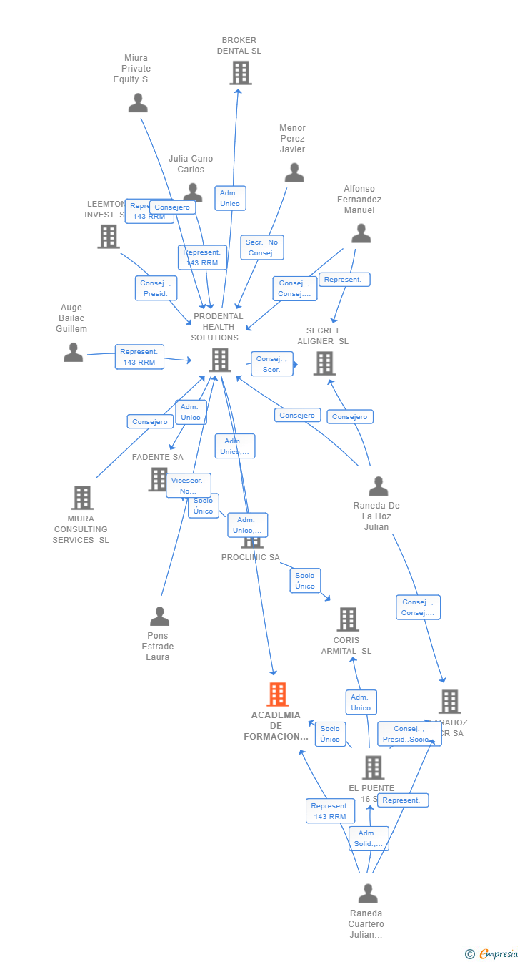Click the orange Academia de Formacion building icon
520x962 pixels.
pyautogui.click(x=277, y=694)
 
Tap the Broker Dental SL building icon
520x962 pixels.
pyautogui.click(x=241, y=72)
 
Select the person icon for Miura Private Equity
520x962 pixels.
pyautogui.click(x=138, y=103)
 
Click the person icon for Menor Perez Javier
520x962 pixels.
pyautogui.click(x=294, y=172)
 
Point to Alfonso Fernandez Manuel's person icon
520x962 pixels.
pyautogui.click(x=361, y=234)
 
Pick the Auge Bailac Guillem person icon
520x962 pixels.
pyautogui.click(x=74, y=352)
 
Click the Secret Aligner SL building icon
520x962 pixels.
pyautogui.click(x=325, y=363)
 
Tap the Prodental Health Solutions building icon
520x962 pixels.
pyautogui.click(x=220, y=360)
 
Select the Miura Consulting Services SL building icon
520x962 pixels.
pyautogui.click(x=82, y=498)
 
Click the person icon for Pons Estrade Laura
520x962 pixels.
pyautogui.click(x=159, y=616)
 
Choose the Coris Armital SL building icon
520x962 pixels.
pyautogui.click(x=348, y=619)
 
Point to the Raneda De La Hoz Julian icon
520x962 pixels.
pyautogui.click(x=378, y=486)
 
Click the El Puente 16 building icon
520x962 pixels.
pyautogui.click(x=373, y=767)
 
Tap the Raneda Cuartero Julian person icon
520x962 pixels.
pyautogui.click(x=368, y=893)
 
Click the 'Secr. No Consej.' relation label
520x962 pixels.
pyautogui.click(x=262, y=247)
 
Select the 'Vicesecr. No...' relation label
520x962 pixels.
pyautogui.click(x=189, y=486)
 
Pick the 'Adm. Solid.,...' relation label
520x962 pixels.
pyautogui.click(x=369, y=838)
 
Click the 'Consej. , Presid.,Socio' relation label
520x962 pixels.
pyautogui.click(x=409, y=734)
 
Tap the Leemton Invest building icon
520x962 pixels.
pyautogui.click(x=109, y=237)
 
